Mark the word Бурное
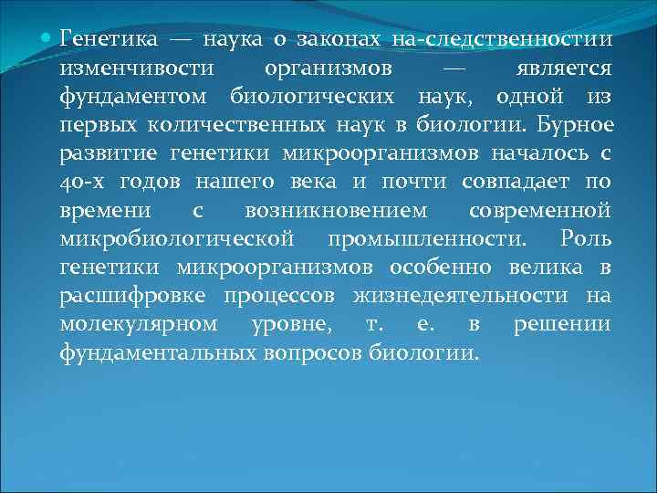tap(578, 125)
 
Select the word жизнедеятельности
tap(466, 295)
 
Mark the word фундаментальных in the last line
tap(160, 351)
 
